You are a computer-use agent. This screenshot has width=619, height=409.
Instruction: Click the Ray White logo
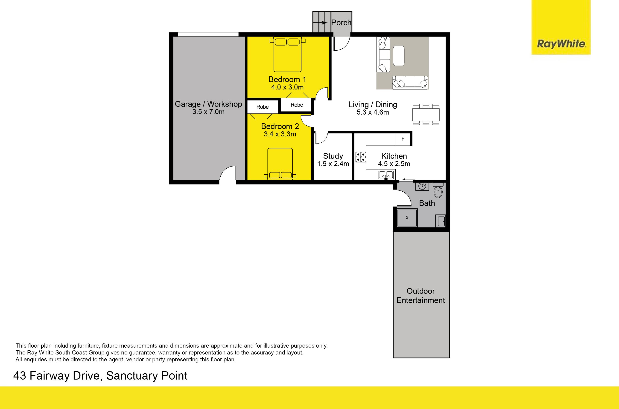(561, 27)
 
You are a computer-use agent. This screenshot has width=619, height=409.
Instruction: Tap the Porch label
(341, 23)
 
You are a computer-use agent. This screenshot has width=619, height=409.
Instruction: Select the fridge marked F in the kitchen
(403, 139)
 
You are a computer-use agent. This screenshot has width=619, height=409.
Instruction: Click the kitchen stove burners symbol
(361, 157)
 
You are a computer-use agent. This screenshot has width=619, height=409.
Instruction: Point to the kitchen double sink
(386, 175)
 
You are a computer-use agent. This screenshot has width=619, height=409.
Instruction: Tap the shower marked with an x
(407, 218)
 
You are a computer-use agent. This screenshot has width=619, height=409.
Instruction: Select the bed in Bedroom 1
(287, 54)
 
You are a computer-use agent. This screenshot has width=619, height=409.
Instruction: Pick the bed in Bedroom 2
(280, 164)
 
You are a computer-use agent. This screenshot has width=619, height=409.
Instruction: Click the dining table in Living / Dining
(426, 114)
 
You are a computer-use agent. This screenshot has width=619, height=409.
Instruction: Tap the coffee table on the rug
(399, 56)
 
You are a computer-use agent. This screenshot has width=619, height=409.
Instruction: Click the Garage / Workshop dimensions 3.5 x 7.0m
(208, 112)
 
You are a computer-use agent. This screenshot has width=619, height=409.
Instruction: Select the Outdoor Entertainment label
(420, 296)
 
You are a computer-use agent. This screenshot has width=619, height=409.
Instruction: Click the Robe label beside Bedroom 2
(262, 107)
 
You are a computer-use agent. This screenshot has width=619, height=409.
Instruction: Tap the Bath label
(427, 203)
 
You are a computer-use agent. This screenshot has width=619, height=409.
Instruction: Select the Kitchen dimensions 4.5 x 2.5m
(394, 164)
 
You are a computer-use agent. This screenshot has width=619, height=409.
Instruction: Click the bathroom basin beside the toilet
(422, 186)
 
